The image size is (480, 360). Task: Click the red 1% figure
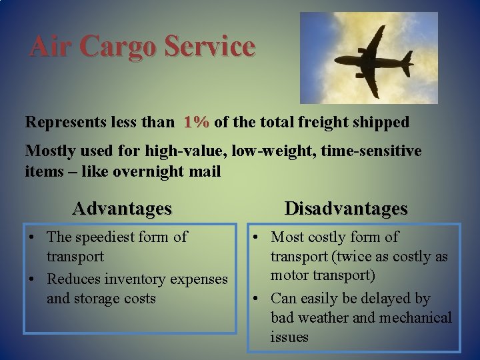(x=197, y=123)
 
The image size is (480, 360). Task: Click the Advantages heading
(x=122, y=209)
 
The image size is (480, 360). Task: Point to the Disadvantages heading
(x=346, y=209)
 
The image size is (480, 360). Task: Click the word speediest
(x=106, y=237)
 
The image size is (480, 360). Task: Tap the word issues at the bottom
(x=289, y=337)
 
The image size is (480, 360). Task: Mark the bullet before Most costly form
(x=257, y=237)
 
